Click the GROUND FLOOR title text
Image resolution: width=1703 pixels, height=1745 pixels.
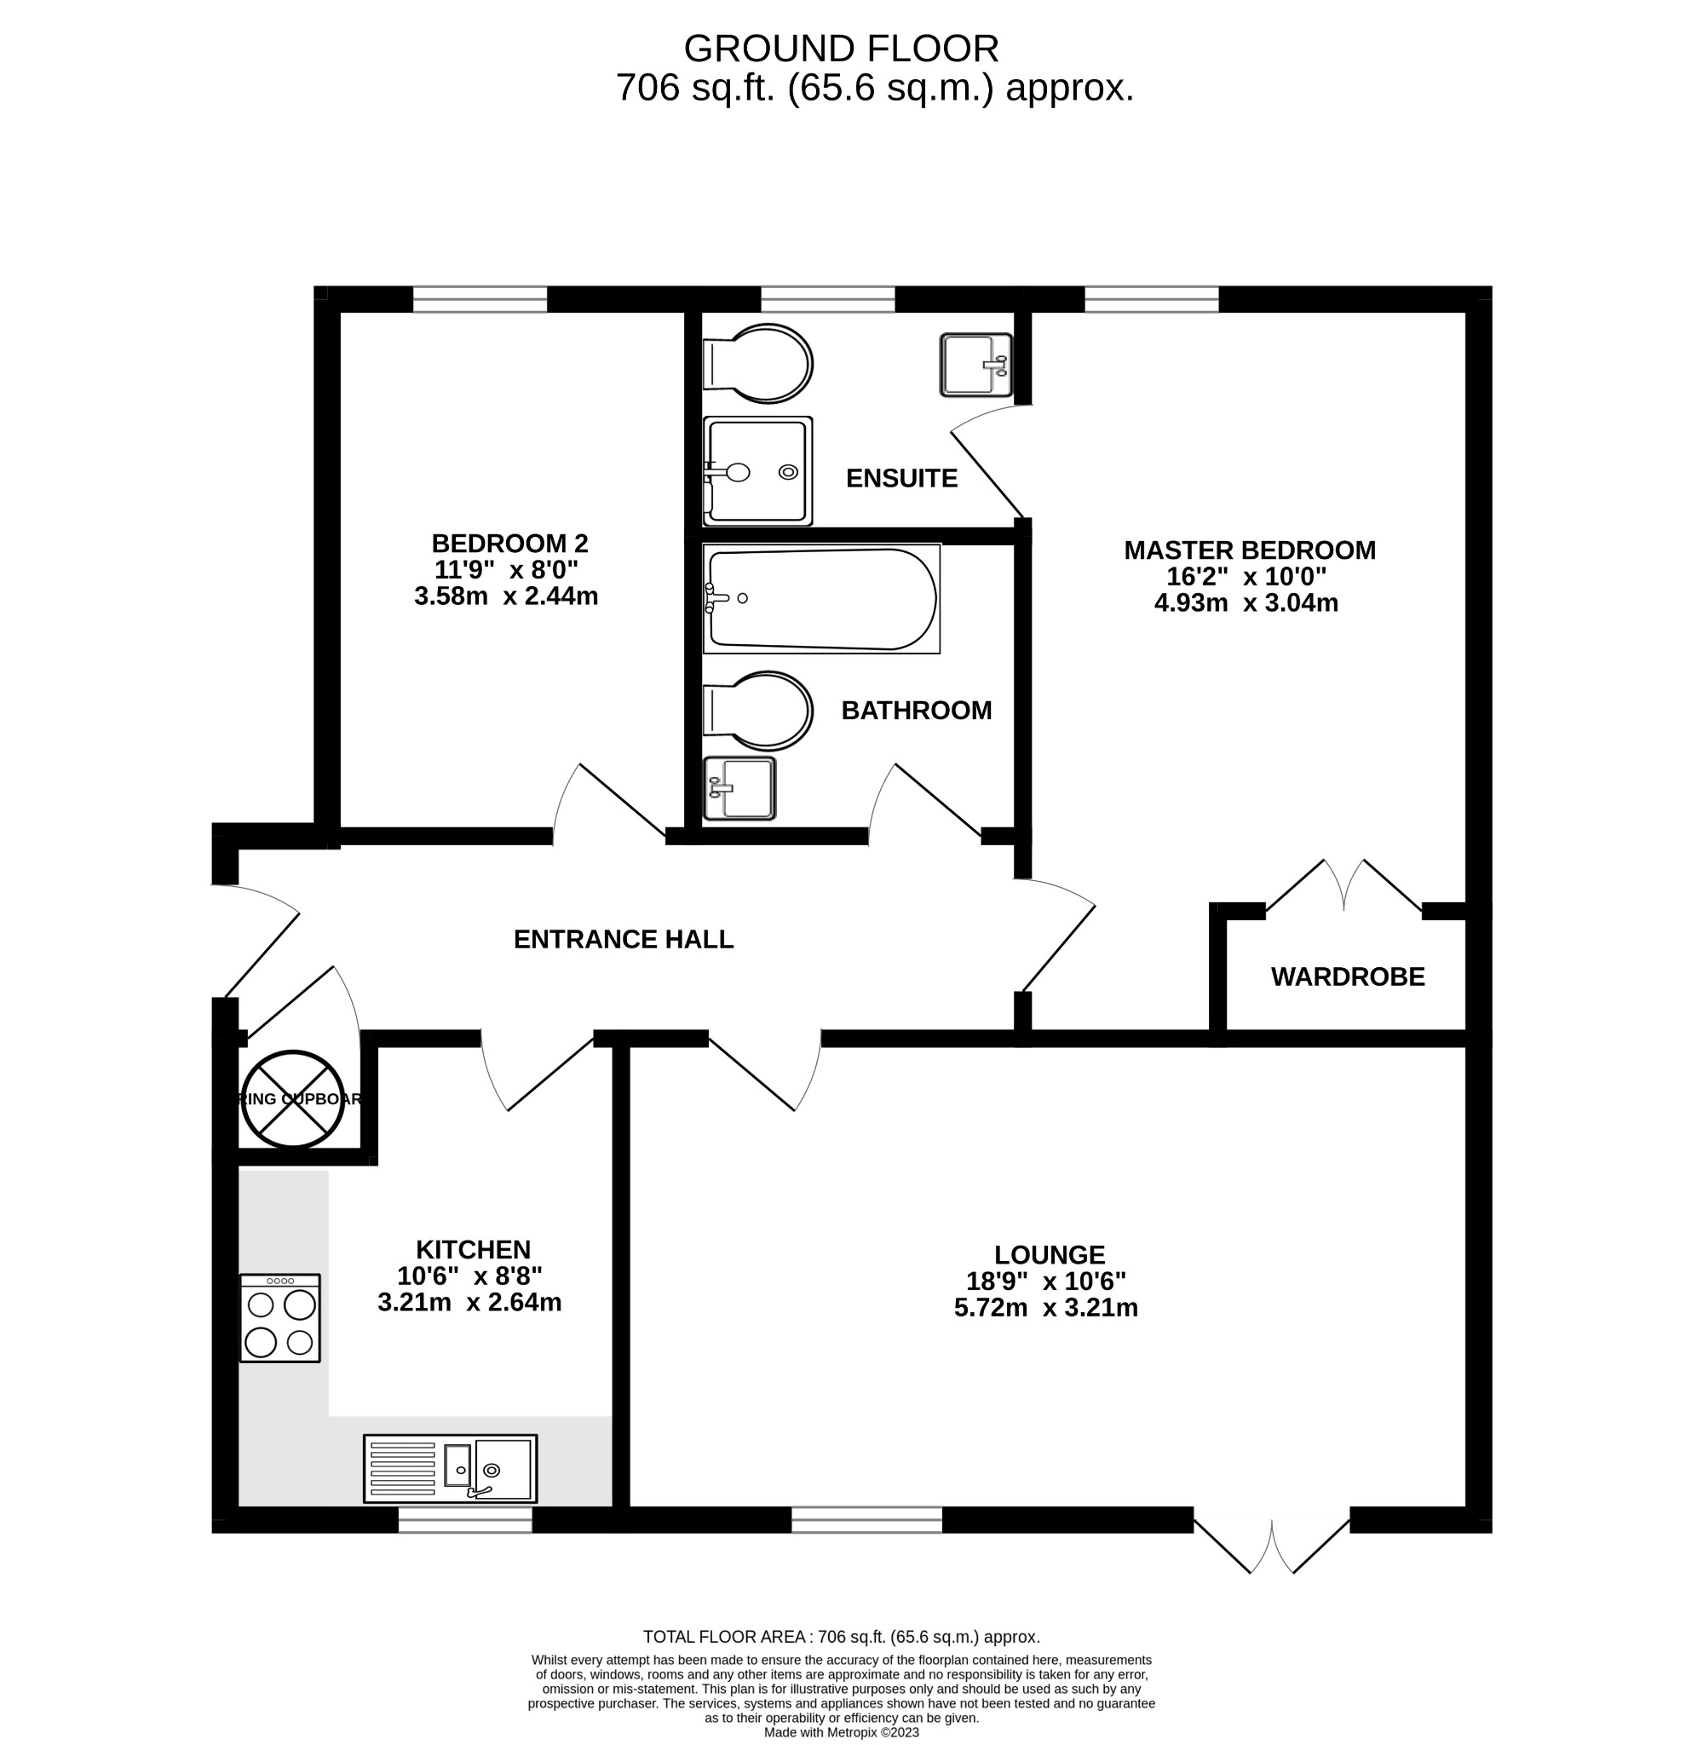coord(840,49)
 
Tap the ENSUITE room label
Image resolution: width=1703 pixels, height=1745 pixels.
coord(900,479)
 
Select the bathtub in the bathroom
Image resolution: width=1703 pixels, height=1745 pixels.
coord(820,599)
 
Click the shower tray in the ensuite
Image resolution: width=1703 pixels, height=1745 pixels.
coord(757,471)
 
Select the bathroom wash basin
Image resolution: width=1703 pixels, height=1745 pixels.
coord(739,788)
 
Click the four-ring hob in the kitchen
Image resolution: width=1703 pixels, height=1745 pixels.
coord(280,1318)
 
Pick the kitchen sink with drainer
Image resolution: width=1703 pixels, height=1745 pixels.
coord(450,1469)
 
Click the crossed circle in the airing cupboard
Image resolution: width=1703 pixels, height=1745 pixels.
coord(292,1099)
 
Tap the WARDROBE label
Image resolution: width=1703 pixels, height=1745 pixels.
coord(1347,976)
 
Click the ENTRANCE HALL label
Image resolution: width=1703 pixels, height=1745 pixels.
coord(624,939)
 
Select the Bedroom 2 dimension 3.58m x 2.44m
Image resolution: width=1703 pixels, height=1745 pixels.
coord(506,596)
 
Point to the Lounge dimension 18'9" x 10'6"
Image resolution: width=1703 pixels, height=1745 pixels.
coord(1045,1281)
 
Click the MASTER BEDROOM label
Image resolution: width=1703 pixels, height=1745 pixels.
coord(1250,550)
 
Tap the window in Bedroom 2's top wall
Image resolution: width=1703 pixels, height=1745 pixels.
coord(480,300)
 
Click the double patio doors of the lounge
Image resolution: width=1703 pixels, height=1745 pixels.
coord(1271,1544)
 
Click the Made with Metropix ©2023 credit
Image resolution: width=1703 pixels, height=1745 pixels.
coord(841,1732)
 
